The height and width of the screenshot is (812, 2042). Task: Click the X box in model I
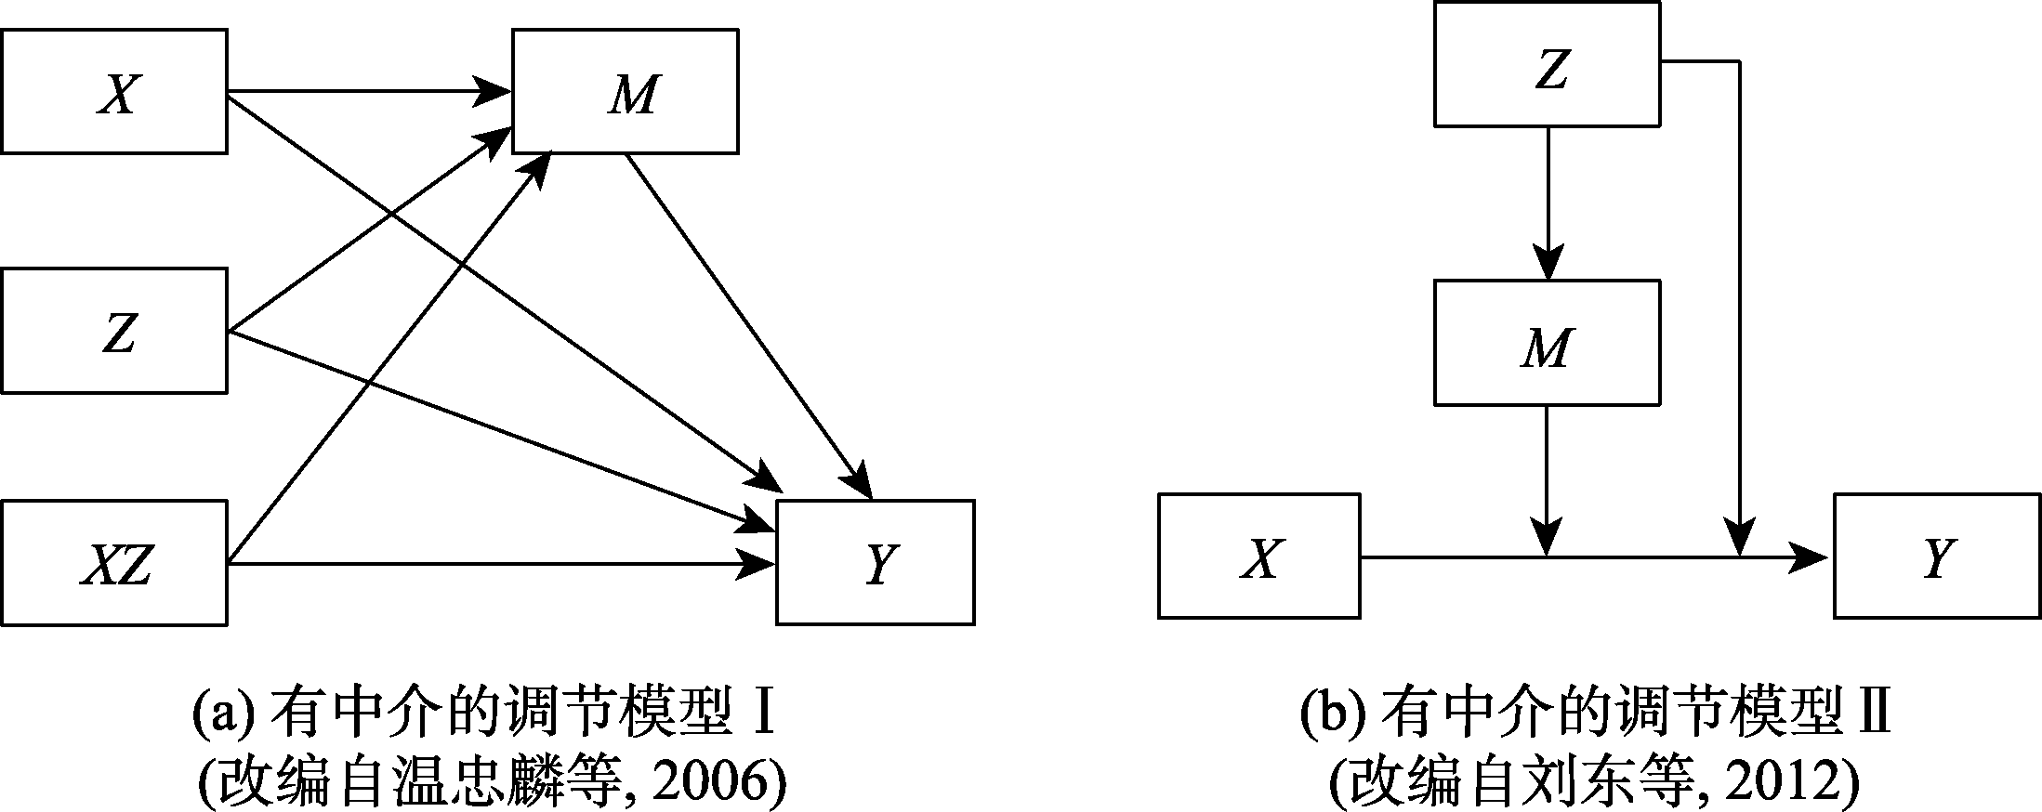[x=113, y=92]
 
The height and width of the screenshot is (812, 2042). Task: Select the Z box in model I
[x=113, y=331]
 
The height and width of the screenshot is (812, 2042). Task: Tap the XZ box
[x=113, y=562]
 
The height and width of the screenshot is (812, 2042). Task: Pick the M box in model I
[x=626, y=92]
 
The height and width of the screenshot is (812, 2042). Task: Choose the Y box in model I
[x=876, y=562]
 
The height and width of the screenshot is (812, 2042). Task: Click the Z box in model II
[x=1547, y=64]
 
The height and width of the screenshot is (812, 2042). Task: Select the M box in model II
[x=1547, y=343]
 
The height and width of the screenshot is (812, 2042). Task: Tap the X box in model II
[x=1258, y=556]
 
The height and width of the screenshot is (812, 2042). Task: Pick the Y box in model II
[x=1936, y=556]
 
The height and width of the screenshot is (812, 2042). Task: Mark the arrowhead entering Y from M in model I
[x=859, y=486]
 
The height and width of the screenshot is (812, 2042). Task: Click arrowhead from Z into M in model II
[x=1548, y=262]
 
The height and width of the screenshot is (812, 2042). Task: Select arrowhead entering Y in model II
[x=1812, y=557]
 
